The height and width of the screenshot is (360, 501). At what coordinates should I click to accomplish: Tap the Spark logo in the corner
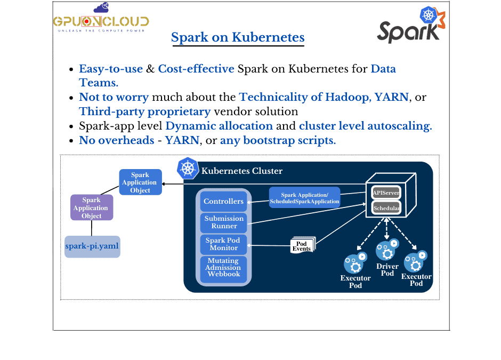[x=410, y=27]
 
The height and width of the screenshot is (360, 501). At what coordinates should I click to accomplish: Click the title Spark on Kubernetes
[x=238, y=38]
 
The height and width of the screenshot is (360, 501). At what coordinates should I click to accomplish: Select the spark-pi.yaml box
[x=92, y=246]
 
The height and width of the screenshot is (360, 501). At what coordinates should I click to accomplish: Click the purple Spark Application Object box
[x=91, y=208]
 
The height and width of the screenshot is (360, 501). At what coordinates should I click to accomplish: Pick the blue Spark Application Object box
[x=140, y=182]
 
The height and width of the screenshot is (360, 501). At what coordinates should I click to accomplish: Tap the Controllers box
[x=223, y=202]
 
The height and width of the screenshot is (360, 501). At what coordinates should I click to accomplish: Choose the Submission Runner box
[x=224, y=222]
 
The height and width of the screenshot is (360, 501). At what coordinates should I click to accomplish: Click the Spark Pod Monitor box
[x=223, y=244]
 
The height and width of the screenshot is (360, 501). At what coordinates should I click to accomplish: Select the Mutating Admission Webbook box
[x=224, y=268]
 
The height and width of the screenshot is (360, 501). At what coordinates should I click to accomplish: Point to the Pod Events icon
[x=303, y=245]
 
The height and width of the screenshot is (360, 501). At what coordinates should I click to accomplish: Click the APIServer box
[x=386, y=192]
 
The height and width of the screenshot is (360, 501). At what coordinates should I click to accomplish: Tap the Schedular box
[x=386, y=208]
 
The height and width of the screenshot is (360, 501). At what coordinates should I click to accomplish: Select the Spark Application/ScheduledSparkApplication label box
[x=304, y=198]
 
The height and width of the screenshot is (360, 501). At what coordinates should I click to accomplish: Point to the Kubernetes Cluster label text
[x=241, y=171]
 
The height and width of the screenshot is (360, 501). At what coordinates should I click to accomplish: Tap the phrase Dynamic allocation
[x=219, y=126]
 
